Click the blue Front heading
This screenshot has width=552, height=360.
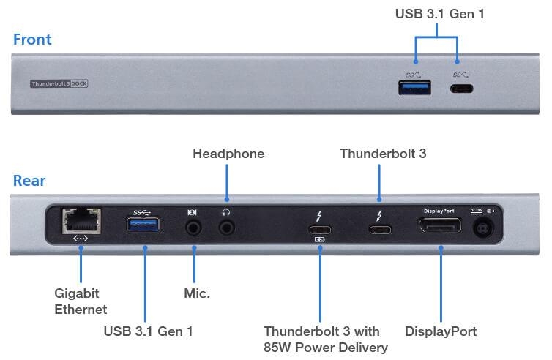pyautogui.click(x=32, y=40)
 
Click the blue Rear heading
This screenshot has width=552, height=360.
pyautogui.click(x=29, y=181)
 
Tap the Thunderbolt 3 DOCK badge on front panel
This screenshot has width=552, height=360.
pyautogui.click(x=59, y=83)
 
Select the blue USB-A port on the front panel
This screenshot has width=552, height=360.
pyautogui.click(x=414, y=88)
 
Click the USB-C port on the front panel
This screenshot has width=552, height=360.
pyautogui.click(x=461, y=89)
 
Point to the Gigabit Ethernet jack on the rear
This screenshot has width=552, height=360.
pyautogui.click(x=81, y=221)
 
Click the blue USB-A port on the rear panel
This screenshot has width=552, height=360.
pyautogui.click(x=143, y=224)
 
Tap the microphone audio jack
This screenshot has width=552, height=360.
pyautogui.click(x=193, y=228)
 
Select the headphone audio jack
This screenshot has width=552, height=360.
pyautogui.click(x=227, y=228)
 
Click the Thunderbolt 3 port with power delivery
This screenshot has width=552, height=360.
pyautogui.click(x=320, y=230)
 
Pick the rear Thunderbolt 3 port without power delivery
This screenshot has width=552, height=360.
pyautogui.click(x=380, y=230)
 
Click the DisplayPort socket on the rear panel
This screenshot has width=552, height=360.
pyautogui.click(x=440, y=225)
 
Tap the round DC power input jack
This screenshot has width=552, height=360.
pyautogui.click(x=483, y=228)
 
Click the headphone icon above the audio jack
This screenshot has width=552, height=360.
pyautogui.click(x=226, y=212)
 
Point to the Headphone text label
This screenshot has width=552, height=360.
pyautogui.click(x=228, y=154)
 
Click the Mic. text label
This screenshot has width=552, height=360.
pyautogui.click(x=197, y=293)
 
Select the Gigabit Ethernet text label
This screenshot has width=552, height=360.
pyautogui.click(x=81, y=301)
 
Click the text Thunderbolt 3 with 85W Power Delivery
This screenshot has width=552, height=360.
pyautogui.click(x=326, y=340)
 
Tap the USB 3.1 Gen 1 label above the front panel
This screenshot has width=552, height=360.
pyautogui.click(x=440, y=14)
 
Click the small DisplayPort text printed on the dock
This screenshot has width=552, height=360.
pyautogui.click(x=439, y=211)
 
